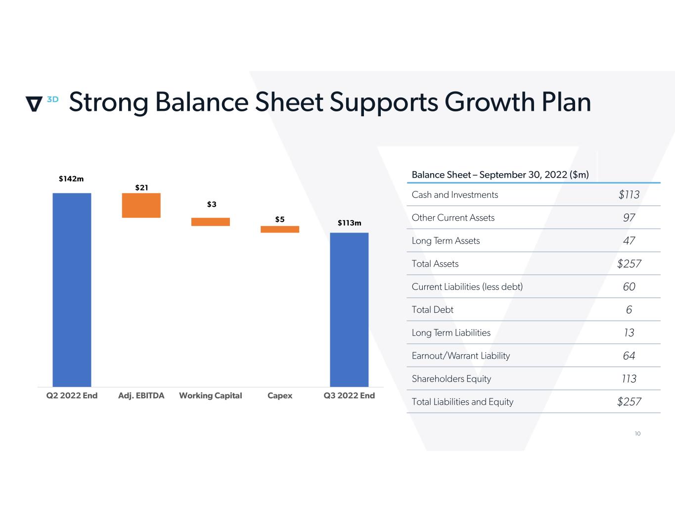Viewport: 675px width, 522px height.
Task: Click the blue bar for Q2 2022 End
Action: (x=72, y=289)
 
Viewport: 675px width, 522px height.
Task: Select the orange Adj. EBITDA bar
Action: (x=141, y=205)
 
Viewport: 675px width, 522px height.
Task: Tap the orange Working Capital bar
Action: (x=211, y=222)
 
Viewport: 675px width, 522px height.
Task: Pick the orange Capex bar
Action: (x=280, y=229)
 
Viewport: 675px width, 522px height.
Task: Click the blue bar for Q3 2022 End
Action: (x=349, y=309)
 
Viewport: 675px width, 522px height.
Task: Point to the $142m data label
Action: (x=71, y=179)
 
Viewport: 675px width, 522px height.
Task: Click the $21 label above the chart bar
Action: (x=141, y=188)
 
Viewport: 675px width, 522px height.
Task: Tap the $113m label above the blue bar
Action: (x=349, y=223)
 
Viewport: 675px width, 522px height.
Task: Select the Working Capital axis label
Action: (x=211, y=395)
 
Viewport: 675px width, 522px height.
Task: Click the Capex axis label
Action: (x=280, y=395)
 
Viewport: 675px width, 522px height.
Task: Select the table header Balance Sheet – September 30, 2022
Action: (x=500, y=175)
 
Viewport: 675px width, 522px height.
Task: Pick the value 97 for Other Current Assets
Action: (x=629, y=218)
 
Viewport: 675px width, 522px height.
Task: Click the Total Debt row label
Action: (x=433, y=310)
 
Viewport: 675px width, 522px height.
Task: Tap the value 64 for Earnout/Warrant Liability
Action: (x=629, y=356)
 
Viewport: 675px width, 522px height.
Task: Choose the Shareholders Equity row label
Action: (x=451, y=379)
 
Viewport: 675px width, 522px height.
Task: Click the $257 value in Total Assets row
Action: (x=629, y=264)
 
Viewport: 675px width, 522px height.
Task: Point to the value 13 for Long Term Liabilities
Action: (x=629, y=332)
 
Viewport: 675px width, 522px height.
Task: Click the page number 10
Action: (x=637, y=433)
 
